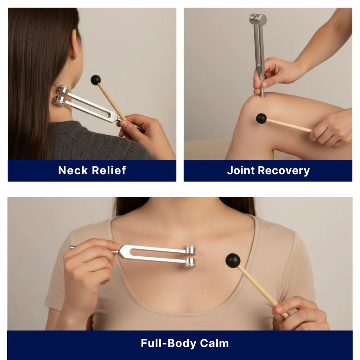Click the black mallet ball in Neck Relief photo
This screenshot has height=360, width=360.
pos(96,80)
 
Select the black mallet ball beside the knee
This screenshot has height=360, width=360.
pos(261,118)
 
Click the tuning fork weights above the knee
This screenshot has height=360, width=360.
pos(258,19)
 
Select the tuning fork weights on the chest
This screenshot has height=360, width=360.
pos(189,257)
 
